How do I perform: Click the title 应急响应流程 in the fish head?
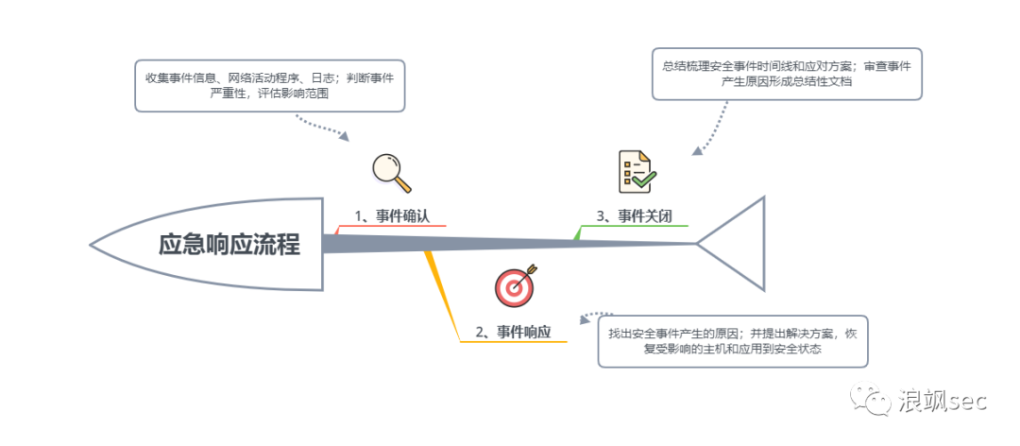[229, 246]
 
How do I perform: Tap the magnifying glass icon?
[391, 171]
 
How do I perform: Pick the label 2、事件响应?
[513, 331]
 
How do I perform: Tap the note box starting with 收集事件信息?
[269, 85]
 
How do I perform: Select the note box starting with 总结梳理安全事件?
[787, 74]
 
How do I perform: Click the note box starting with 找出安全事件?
[732, 341]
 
